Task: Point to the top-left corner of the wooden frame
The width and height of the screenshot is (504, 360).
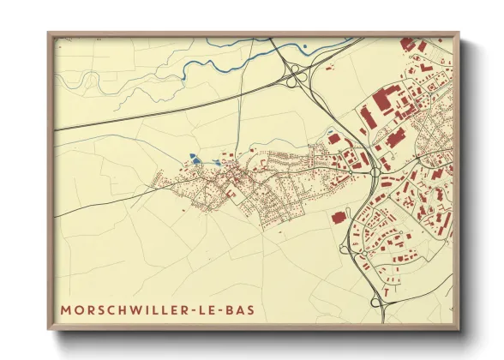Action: pyautogui.click(x=48, y=33)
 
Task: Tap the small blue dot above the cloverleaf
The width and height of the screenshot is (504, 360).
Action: pyautogui.click(x=304, y=46)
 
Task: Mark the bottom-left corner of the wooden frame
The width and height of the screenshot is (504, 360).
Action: pyautogui.click(x=48, y=328)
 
